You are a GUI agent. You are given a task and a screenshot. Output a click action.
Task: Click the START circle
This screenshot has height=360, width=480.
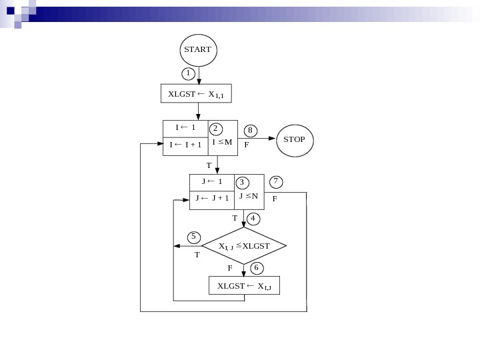(198, 50)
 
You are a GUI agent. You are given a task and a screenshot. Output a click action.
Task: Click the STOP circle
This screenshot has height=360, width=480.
(295, 140)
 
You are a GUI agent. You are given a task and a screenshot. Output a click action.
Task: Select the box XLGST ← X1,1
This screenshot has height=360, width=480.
(197, 94)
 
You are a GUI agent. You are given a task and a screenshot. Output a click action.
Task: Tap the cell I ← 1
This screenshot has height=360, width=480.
(185, 128)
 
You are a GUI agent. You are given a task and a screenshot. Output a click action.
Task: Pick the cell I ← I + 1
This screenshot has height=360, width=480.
(185, 145)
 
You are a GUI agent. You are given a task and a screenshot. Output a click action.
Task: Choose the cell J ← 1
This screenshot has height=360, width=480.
(212, 182)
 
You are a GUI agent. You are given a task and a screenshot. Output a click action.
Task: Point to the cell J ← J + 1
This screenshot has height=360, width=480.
(212, 198)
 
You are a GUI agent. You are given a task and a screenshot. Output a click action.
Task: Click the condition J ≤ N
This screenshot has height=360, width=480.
(249, 196)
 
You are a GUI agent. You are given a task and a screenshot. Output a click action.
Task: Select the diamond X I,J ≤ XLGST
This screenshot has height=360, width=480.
(244, 246)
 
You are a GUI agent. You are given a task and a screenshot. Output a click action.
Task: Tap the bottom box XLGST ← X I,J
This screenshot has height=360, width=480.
(244, 286)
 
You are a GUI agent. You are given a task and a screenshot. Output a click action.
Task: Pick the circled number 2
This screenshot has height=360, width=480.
(215, 128)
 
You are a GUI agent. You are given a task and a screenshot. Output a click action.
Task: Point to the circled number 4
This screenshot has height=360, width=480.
(253, 218)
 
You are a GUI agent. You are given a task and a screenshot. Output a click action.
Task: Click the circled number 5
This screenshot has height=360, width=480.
(193, 237)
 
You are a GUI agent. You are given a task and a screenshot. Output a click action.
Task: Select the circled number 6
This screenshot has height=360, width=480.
(257, 267)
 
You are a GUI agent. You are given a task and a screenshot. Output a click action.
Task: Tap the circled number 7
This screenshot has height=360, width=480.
(276, 181)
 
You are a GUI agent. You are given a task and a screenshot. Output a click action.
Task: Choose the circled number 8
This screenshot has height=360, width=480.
(250, 130)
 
